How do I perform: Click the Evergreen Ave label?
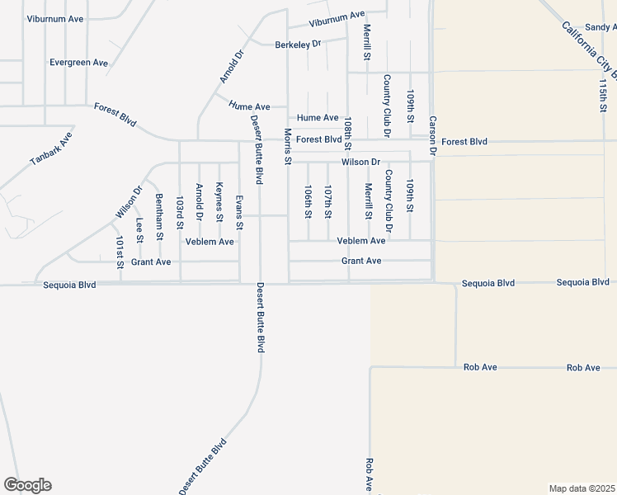[78, 63]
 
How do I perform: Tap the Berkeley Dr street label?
[298, 44]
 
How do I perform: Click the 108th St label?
[348, 133]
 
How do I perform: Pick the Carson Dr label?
[431, 134]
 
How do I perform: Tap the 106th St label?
[308, 201]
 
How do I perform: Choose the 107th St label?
[327, 201]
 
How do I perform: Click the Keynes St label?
[219, 202]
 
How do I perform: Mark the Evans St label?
[239, 212]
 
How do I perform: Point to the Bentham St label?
[159, 217]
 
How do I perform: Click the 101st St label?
[120, 251]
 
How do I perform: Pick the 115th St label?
[603, 96]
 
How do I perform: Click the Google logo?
[27, 485]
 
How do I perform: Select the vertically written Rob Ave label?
[369, 475]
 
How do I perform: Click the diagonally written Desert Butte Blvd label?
[204, 466]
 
